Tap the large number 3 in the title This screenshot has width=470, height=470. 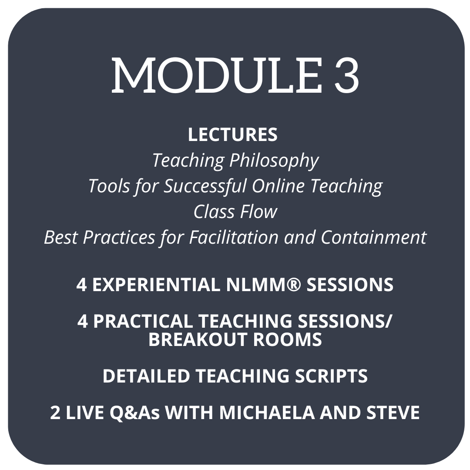346,75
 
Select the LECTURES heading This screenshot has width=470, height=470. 232,134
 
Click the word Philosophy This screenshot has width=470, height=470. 274,161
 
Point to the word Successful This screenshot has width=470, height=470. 205,186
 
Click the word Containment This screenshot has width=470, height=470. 373,238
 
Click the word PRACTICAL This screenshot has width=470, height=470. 143,321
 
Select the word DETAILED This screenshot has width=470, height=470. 146,376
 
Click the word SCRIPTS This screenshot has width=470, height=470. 331,376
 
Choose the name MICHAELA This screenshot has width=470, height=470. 267,413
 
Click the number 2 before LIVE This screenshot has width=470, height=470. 55,413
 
